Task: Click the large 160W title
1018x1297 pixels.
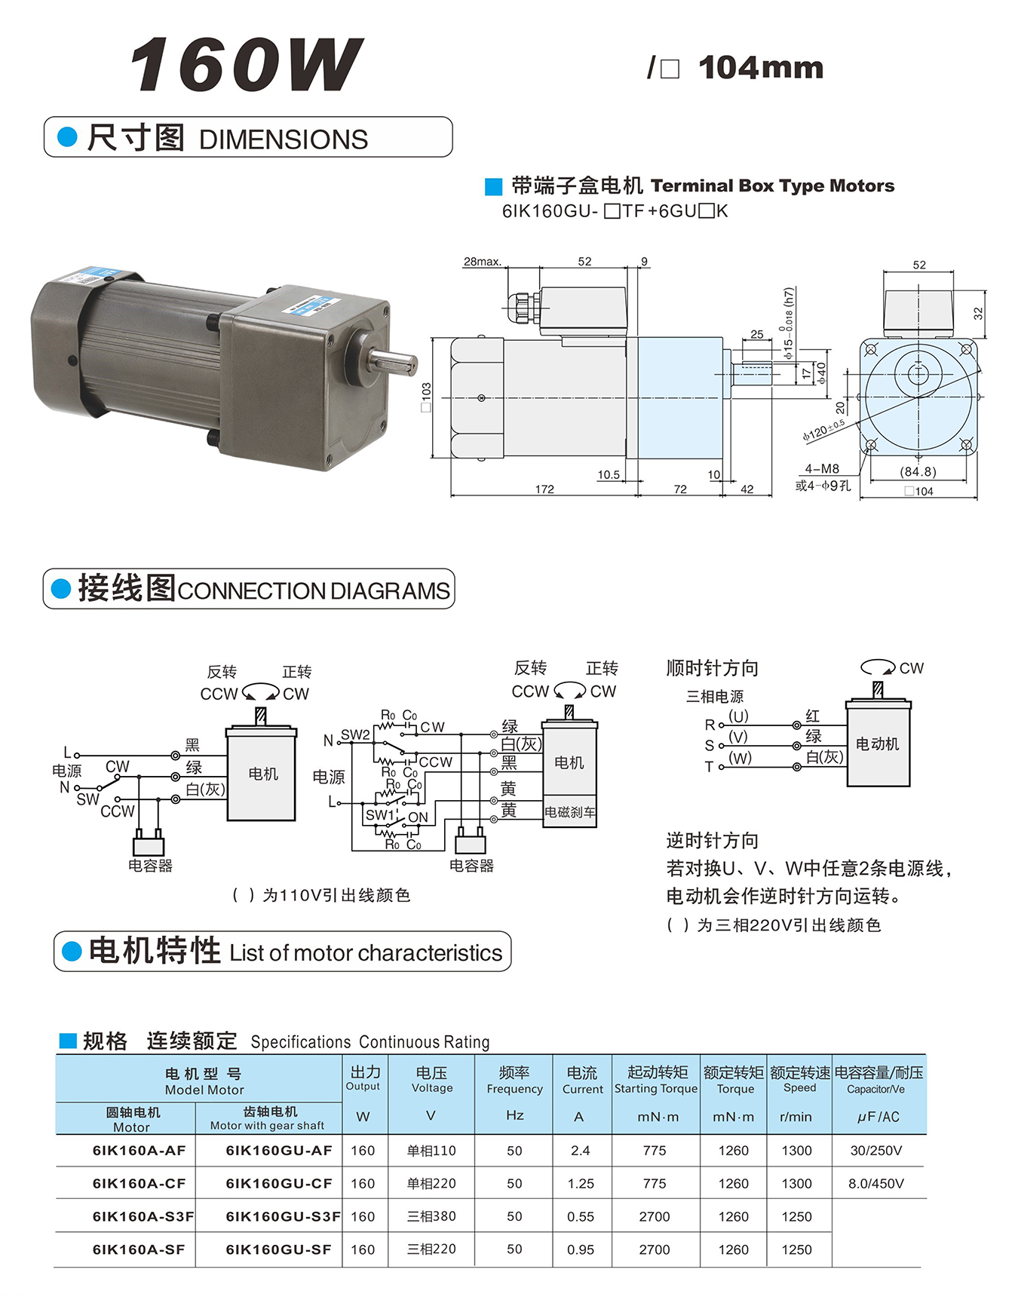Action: (246, 65)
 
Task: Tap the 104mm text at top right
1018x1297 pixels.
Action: (760, 68)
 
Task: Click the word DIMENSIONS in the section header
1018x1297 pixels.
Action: (284, 140)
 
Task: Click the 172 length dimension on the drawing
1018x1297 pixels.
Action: (544, 489)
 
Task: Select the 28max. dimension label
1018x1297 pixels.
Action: (482, 262)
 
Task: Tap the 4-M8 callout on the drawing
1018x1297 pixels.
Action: (822, 468)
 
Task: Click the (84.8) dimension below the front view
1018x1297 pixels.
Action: (918, 471)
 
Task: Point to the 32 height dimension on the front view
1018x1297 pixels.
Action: (978, 313)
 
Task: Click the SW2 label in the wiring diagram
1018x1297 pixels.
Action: (355, 734)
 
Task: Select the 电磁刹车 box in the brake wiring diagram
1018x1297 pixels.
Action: (570, 812)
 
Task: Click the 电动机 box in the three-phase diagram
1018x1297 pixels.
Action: (878, 744)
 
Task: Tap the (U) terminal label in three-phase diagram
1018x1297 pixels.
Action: (738, 716)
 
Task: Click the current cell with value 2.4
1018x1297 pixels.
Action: (580, 1151)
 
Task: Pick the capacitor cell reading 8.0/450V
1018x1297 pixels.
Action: (875, 1183)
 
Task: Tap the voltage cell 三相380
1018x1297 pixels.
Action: (431, 1216)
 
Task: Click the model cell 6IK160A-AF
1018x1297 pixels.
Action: (139, 1151)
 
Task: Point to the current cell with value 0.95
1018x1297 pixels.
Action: (580, 1249)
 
